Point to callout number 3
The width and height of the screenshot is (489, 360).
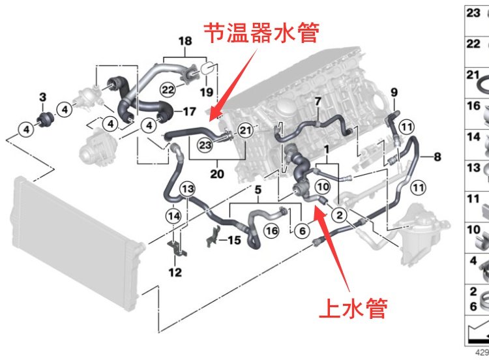42,98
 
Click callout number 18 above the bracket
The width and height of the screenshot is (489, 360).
185,41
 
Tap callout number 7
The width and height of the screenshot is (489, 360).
318,102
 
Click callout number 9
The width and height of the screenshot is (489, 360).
393,92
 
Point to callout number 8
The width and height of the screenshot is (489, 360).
437,157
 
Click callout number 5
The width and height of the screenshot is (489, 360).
258,190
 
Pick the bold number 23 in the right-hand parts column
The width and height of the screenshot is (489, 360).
473,12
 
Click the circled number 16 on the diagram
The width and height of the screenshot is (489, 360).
271,230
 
